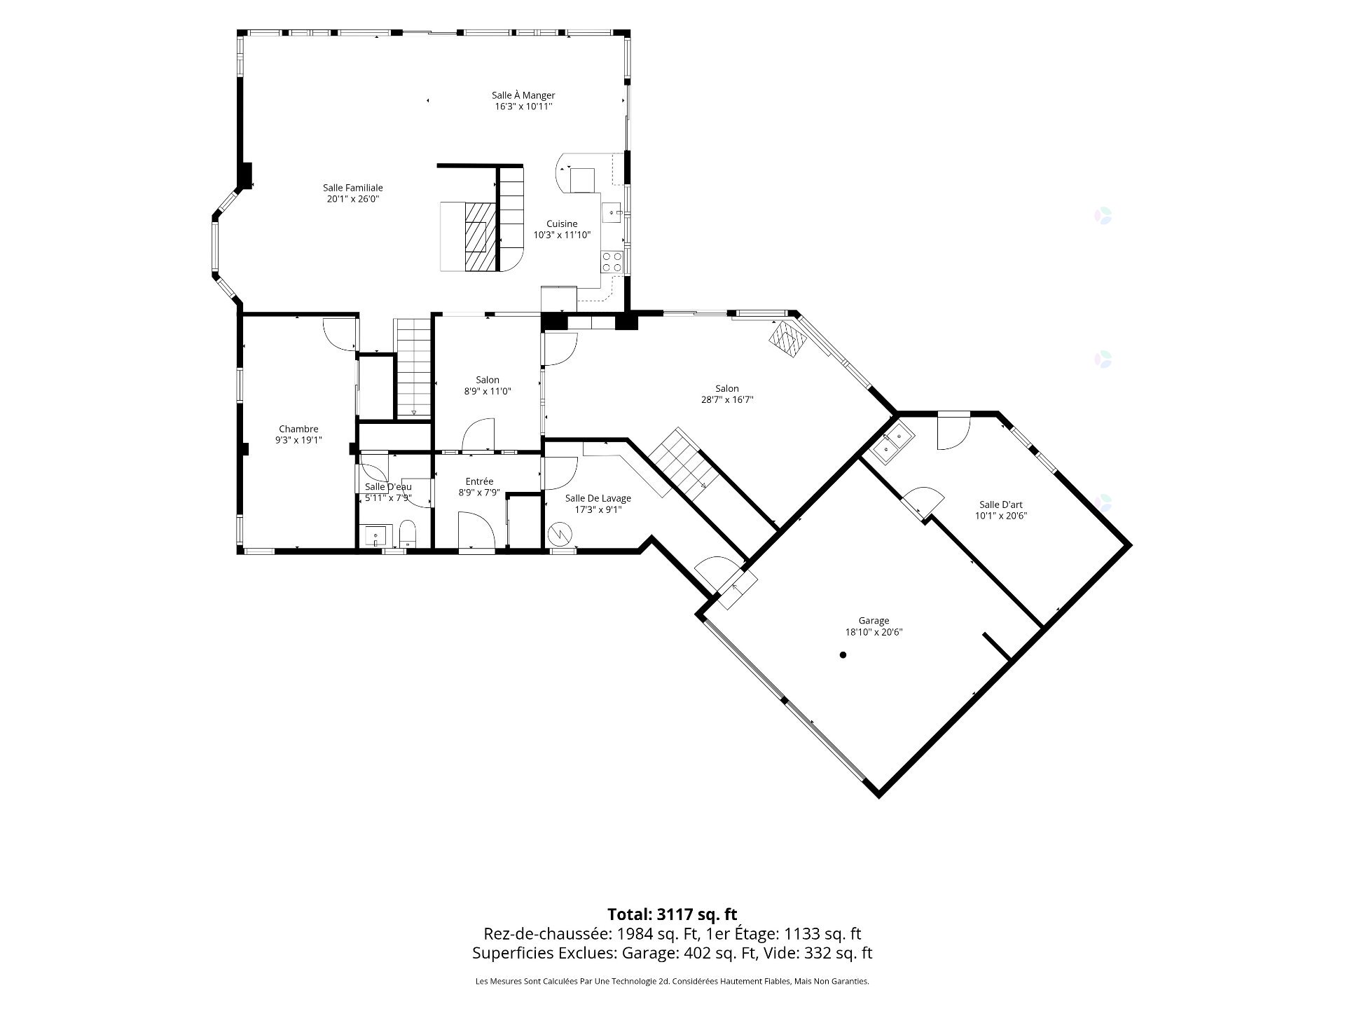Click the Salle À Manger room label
[x=523, y=95]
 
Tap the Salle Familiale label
[x=353, y=188]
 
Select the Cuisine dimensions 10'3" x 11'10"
[x=563, y=235]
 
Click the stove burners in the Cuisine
[x=612, y=261]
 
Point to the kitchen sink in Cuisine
[x=613, y=210]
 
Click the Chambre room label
[x=298, y=429]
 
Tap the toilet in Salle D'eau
[x=408, y=533]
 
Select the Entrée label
[x=480, y=481]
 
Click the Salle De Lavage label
[x=598, y=498]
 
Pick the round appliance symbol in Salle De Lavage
[x=560, y=535]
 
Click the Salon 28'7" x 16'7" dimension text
[x=727, y=400]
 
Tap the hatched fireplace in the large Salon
[x=790, y=341]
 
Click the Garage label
[x=874, y=620]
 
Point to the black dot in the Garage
[x=843, y=655]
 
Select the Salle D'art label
[x=1001, y=504]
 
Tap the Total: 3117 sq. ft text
[x=672, y=914]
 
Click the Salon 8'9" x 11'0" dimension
[x=488, y=392]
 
